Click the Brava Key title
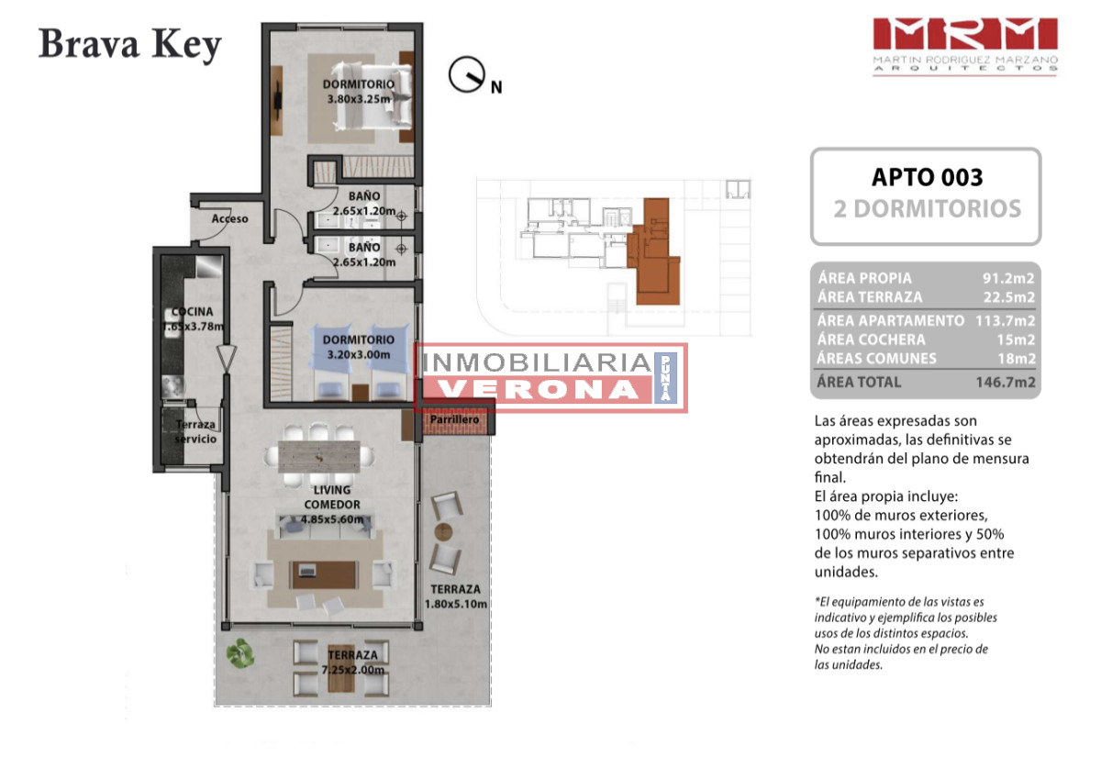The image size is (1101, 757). tap(129, 45)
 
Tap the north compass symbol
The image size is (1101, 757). tap(466, 74)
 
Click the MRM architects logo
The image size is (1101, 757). tap(965, 47)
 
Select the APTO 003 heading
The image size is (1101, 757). tap(927, 177)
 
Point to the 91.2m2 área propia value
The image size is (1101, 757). tap(1008, 278)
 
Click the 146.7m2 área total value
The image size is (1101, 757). tap(1006, 382)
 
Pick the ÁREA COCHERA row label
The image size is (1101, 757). tap(872, 340)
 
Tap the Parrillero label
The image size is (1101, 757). tap(454, 419)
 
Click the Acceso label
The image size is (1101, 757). tap(229, 218)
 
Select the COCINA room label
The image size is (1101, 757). tap(192, 312)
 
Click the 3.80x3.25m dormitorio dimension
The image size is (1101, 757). tap(359, 99)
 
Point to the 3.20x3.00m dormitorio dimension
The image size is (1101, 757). tap(359, 354)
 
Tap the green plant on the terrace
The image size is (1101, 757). tap(240, 653)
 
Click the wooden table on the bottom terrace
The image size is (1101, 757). tap(341, 669)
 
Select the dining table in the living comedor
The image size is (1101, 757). tap(319, 457)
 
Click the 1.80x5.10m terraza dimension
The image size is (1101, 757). tap(456, 604)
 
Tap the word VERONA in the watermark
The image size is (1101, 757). tap(538, 389)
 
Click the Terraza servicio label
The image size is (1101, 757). tap(195, 431)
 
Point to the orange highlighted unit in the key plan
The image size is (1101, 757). tap(653, 251)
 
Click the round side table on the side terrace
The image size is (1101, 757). tap(443, 531)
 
